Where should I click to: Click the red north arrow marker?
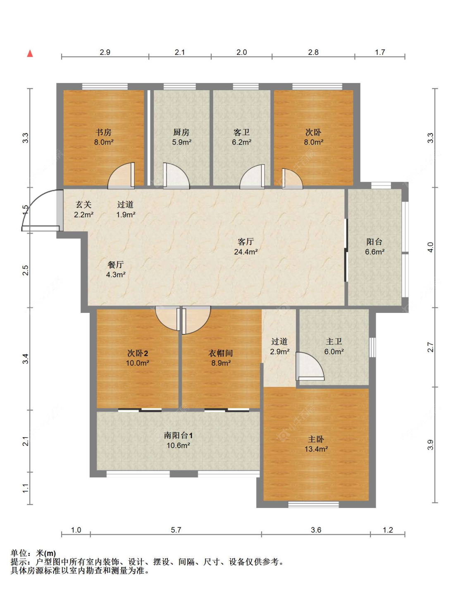(x=30, y=54)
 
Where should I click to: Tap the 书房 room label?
(x=104, y=132)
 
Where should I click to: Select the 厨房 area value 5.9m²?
(x=181, y=142)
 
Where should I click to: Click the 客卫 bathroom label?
(x=241, y=132)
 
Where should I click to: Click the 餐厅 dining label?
(x=116, y=265)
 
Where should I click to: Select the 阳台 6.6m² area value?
(x=374, y=252)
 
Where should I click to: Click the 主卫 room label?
(x=334, y=341)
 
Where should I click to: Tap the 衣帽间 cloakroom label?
(x=221, y=353)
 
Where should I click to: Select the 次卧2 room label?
(x=138, y=353)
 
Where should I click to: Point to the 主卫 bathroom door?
(x=310, y=366)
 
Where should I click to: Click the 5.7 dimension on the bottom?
(x=176, y=530)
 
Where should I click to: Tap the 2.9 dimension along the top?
(x=105, y=52)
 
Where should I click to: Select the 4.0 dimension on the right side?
(x=430, y=247)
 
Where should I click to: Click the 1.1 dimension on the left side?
(x=25, y=488)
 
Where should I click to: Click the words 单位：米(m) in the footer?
(x=33, y=553)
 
